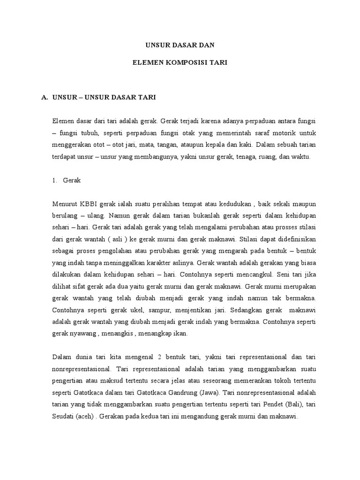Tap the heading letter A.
coord(45,97)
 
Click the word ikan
coord(180,333)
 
